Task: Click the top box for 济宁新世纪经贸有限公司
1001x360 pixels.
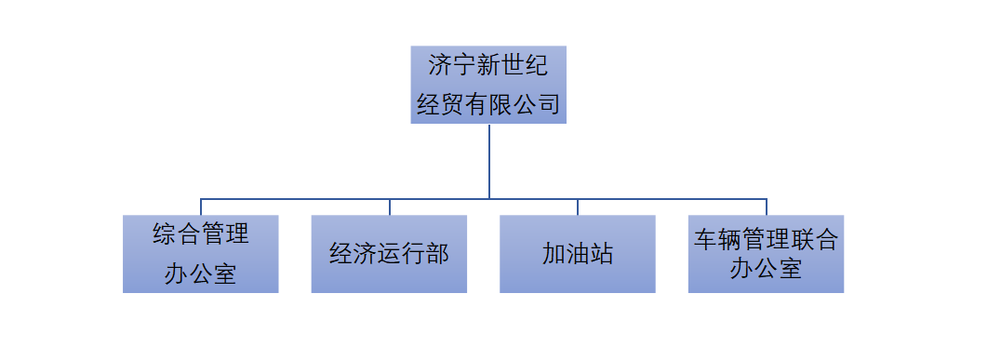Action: (487, 85)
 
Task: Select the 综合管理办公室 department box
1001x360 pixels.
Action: (200, 254)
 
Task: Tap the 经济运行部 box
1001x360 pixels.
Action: (389, 254)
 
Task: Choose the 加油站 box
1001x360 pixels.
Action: (577, 254)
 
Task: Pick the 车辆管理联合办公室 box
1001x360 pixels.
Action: (766, 254)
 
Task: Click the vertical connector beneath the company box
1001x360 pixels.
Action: (489, 160)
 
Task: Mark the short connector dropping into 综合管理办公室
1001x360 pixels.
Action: (201, 207)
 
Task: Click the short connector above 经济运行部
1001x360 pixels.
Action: (390, 207)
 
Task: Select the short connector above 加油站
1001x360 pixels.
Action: (578, 207)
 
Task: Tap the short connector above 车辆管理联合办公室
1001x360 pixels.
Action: (767, 207)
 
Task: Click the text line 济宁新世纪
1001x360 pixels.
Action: (487, 66)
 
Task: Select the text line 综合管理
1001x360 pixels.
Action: (200, 233)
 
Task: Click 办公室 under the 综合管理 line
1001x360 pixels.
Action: (200, 274)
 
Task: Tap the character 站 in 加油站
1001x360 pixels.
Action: (602, 254)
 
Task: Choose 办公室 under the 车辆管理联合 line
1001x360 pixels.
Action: (766, 270)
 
